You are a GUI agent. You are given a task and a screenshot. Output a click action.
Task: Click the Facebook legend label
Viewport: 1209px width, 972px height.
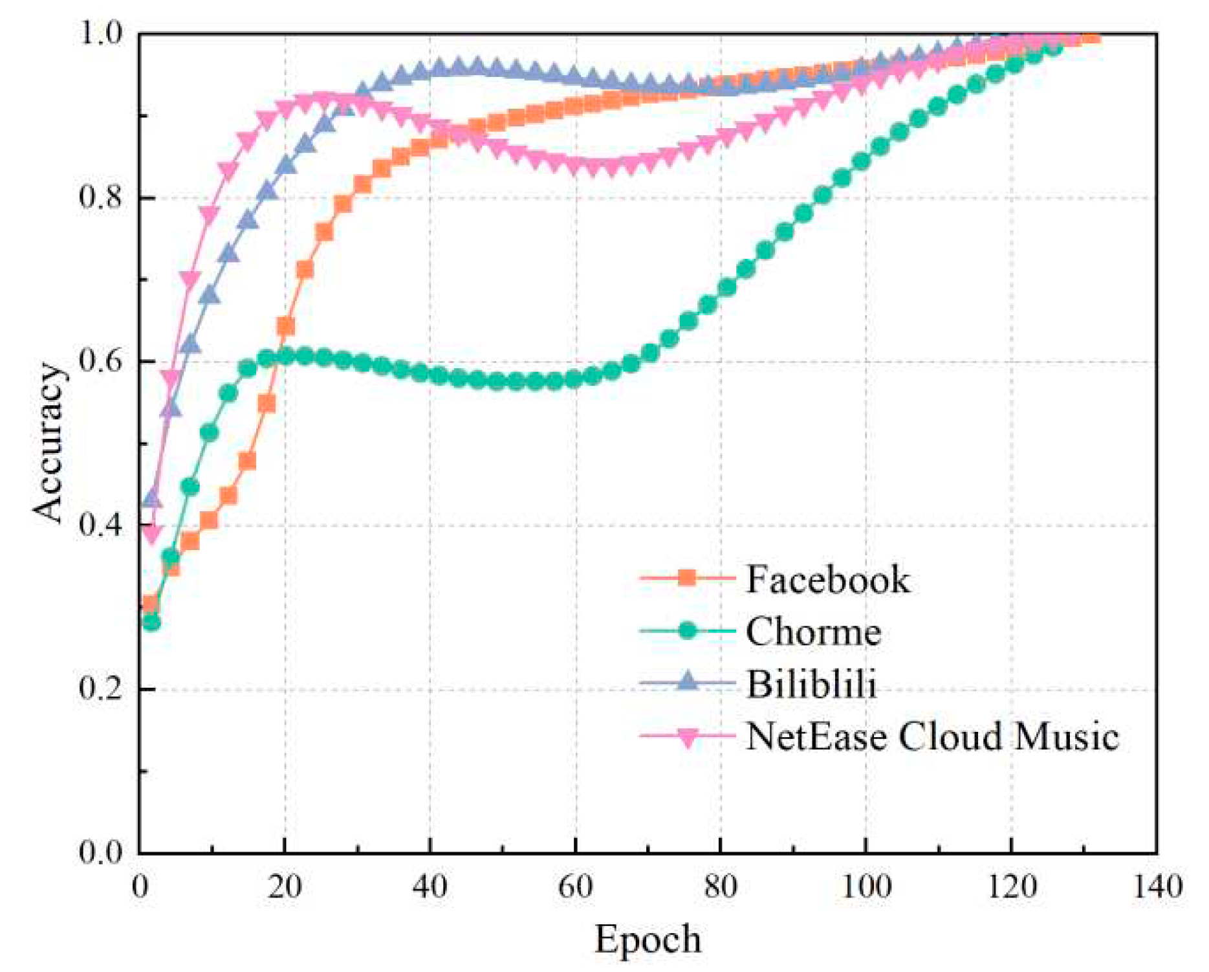(827, 579)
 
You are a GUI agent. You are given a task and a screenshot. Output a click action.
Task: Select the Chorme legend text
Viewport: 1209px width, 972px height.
(813, 631)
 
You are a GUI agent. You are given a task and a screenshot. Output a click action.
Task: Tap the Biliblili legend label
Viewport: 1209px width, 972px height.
(812, 683)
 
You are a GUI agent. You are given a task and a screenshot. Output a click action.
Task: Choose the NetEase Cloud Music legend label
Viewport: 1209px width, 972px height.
(932, 736)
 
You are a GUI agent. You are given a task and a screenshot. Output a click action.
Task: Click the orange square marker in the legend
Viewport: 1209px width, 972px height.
(688, 577)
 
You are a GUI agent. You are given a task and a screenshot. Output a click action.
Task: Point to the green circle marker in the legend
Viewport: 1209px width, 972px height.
(688, 630)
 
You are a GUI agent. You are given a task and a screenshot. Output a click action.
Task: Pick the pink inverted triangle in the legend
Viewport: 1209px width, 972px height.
(688, 737)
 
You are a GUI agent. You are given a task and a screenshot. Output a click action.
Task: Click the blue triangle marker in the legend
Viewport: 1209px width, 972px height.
(688, 681)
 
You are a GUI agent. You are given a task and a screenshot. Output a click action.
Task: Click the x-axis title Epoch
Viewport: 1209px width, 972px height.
(648, 939)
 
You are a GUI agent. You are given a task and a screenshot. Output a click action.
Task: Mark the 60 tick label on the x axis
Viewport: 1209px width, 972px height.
(575, 886)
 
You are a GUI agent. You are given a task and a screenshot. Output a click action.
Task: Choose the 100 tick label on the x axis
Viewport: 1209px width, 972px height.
(866, 886)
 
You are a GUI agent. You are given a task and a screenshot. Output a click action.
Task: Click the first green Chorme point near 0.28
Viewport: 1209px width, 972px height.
(151, 623)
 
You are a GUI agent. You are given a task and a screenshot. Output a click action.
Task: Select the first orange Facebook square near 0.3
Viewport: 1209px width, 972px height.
(150, 604)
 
